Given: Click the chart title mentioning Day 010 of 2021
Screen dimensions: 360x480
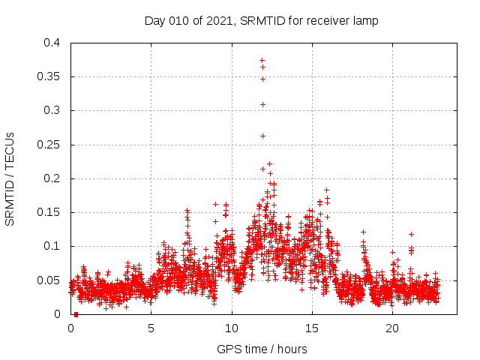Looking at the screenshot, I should tap(261, 20).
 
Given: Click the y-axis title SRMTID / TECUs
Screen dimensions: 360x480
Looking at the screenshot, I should tap(10, 178).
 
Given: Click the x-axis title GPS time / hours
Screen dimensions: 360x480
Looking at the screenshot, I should tap(261, 349).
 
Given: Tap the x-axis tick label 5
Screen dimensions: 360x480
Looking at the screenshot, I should tap(151, 328).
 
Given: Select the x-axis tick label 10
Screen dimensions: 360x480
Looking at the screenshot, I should tap(232, 328).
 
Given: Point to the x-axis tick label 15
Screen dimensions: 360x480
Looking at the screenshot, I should tap(312, 328).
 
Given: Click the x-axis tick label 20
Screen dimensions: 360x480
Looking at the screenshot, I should tap(392, 328).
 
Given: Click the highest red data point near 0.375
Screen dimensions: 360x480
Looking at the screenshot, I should tap(262, 60).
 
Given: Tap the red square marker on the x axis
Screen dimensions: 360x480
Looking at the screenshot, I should tap(76, 314).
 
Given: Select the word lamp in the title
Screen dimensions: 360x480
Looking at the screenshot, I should tap(366, 20).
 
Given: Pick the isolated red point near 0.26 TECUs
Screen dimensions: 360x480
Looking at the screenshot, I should tap(262, 136).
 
